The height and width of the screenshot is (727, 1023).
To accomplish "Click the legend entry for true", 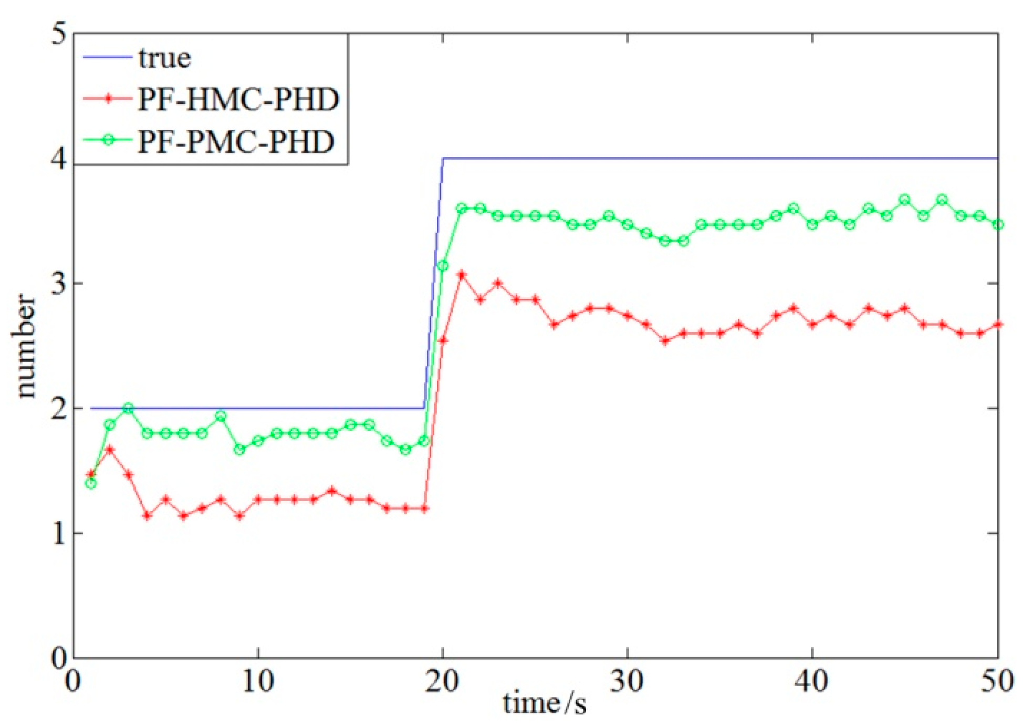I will click(x=164, y=58).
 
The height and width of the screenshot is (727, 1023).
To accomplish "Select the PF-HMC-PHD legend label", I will click(x=238, y=99).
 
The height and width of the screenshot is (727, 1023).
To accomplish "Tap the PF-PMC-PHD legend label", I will click(x=235, y=141).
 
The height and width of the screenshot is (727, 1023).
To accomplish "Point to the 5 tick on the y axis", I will click(x=58, y=35).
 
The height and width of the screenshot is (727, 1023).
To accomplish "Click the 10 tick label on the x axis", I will click(x=258, y=681).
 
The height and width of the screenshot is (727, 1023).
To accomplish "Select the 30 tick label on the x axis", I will click(x=627, y=681).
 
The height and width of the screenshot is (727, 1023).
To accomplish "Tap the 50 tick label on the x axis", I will click(x=996, y=681).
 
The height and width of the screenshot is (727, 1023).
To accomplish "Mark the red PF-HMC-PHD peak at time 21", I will click(x=462, y=275).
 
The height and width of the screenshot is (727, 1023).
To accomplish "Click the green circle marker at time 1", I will click(x=91, y=483).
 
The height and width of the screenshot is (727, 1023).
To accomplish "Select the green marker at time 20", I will click(x=443, y=266).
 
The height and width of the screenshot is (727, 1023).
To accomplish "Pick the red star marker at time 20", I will click(x=443, y=340).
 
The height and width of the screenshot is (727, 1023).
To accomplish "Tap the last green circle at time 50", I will click(x=998, y=225).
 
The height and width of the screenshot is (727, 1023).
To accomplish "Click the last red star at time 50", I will click(x=998, y=325).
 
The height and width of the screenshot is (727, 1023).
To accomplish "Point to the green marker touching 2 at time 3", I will click(x=128, y=408).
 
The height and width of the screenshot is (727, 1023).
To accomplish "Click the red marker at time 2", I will click(x=110, y=450).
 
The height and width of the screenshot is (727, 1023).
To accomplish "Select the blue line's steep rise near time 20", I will click(x=434, y=284).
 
